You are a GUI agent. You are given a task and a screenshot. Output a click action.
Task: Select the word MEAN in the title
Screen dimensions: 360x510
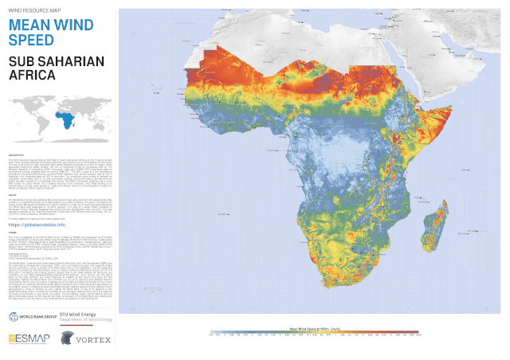click(29, 24)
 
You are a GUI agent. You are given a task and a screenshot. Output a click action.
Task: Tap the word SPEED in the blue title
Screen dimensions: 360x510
click(30, 40)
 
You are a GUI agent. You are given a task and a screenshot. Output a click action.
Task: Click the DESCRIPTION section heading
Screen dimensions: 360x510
click(18, 153)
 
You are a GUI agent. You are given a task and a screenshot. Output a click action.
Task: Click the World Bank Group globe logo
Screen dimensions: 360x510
click(14, 317)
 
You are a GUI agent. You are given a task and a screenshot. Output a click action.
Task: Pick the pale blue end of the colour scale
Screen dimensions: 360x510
click(212, 332)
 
